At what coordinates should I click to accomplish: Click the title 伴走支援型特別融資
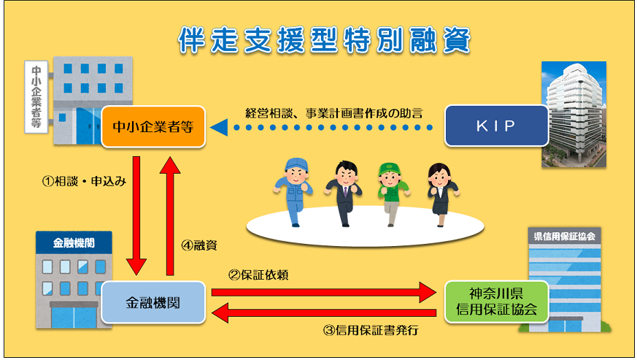coord(324,40)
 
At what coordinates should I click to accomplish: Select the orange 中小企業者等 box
coord(153,126)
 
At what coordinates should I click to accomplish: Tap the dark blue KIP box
coord(496,126)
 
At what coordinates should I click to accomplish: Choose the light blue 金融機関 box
coord(153,302)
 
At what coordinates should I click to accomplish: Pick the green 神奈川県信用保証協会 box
coord(496,302)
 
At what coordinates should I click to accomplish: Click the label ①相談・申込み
coord(84,181)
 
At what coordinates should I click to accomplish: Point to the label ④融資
coord(199,245)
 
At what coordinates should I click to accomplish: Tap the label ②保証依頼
coord(258,275)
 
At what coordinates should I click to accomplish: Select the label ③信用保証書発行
coord(371,330)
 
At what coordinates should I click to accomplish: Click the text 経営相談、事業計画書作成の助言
coord(334,113)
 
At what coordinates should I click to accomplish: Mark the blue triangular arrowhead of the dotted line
coord(219,127)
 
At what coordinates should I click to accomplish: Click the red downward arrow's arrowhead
coord(136,267)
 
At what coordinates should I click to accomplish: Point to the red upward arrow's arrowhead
coord(170,166)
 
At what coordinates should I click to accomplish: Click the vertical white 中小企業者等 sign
coord(36,97)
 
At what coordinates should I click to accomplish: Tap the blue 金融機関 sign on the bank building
coord(74,243)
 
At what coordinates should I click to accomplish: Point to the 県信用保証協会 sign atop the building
coord(564,237)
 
